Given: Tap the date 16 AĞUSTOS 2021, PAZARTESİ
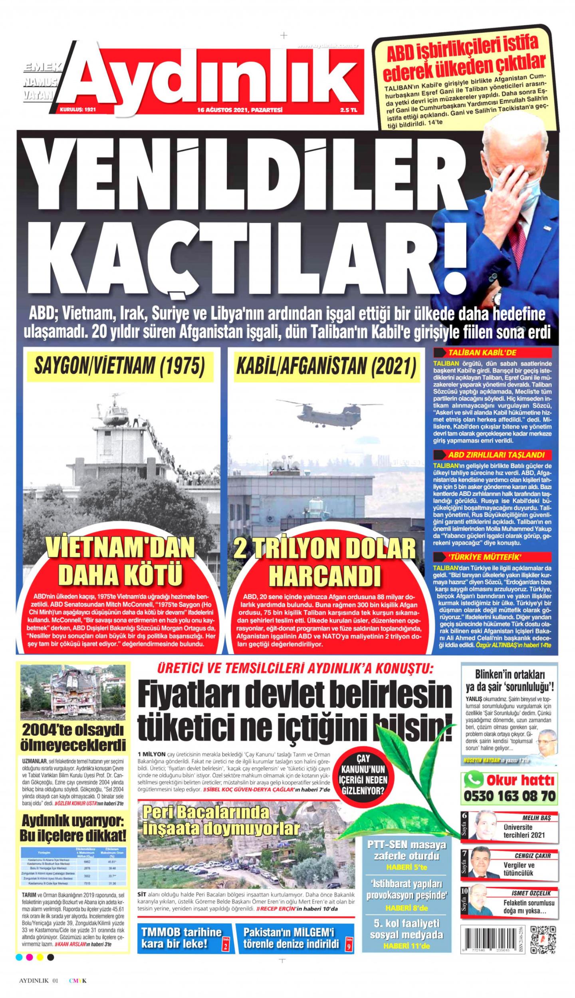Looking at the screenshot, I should click(x=240, y=109).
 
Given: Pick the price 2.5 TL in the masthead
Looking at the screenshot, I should click(x=348, y=109).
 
